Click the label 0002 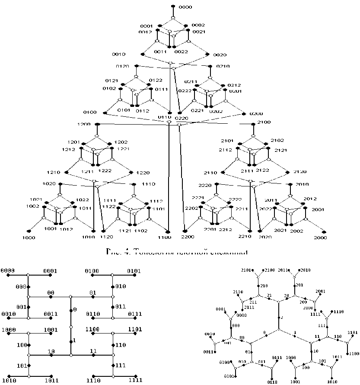(x=198, y=26)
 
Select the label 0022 (x=182, y=52)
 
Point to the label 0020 (x=220, y=55)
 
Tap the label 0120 (x=123, y=66)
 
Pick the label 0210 (x=223, y=66)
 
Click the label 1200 (x=84, y=124)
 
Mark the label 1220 (x=143, y=173)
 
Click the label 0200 (x=256, y=113)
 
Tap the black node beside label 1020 (x=60, y=184)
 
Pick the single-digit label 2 (x=282, y=318)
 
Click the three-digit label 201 (x=300, y=284)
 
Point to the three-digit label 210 (x=263, y=286)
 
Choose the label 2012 (x=310, y=199)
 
